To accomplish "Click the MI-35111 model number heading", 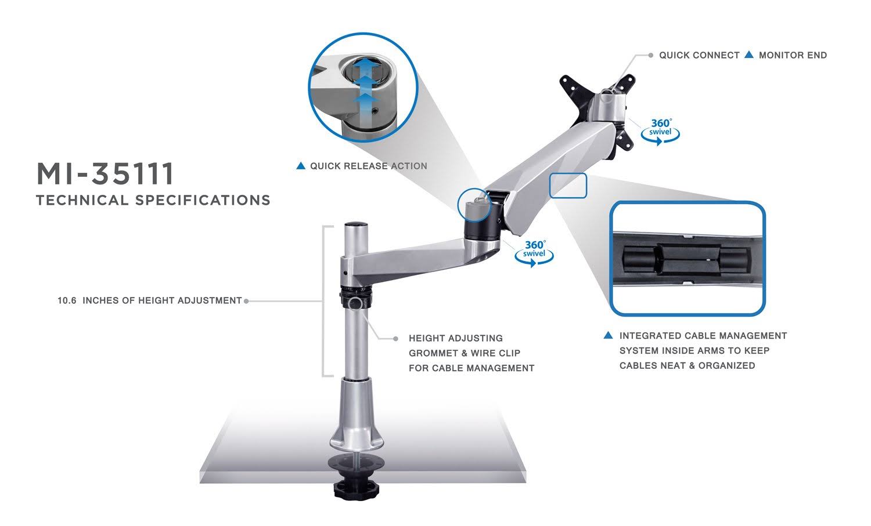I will (x=105, y=173).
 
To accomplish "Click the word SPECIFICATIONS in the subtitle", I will (x=203, y=200).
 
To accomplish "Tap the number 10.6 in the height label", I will (x=67, y=300).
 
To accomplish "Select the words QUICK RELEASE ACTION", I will (x=368, y=166).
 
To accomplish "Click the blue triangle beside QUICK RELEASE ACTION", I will (x=301, y=166).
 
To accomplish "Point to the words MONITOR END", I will (x=793, y=55).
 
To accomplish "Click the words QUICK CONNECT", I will (x=699, y=55).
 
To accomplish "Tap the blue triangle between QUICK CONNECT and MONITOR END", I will (x=749, y=55).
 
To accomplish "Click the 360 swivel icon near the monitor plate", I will (x=660, y=130).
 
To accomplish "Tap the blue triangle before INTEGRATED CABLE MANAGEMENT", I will (x=609, y=335).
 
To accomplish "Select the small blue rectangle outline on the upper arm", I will (x=568, y=186).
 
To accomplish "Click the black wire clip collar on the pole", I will (x=354, y=302).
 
